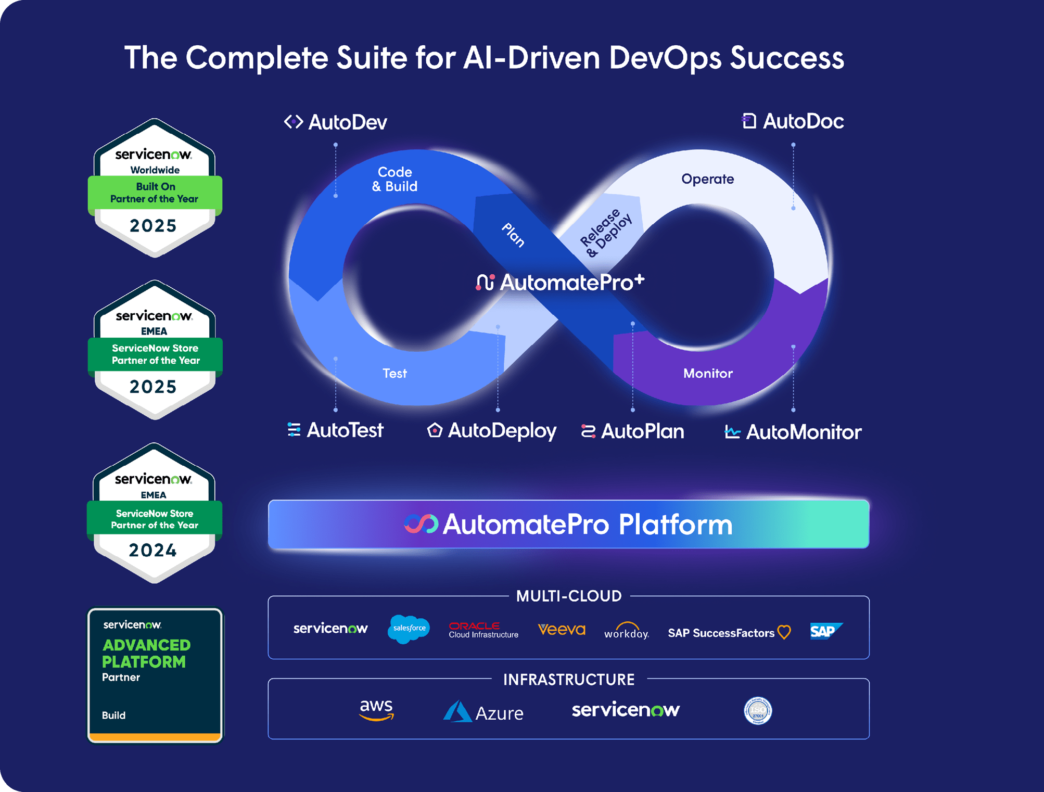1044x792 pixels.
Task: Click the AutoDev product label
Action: click(336, 122)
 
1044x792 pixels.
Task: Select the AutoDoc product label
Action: click(793, 121)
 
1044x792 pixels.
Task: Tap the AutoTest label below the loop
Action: click(336, 430)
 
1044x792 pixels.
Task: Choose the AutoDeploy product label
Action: click(492, 431)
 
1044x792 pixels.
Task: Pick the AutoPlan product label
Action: click(632, 431)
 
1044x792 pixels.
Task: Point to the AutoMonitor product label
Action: click(793, 432)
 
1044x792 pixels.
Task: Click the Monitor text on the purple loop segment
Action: click(708, 373)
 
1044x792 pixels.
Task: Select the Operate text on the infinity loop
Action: click(707, 179)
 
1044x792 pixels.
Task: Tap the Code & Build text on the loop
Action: click(394, 179)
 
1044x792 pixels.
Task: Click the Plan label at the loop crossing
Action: click(513, 235)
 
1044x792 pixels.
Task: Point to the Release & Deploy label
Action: click(606, 233)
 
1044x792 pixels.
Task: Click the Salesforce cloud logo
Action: click(409, 629)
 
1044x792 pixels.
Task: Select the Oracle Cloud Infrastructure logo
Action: click(483, 630)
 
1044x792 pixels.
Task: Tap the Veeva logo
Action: click(562, 630)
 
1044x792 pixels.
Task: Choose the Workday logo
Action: click(627, 631)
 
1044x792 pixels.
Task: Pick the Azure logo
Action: click(483, 712)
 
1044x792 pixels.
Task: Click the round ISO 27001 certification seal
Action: click(758, 711)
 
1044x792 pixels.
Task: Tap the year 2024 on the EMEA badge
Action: click(153, 550)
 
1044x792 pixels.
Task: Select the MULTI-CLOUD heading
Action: click(569, 596)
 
